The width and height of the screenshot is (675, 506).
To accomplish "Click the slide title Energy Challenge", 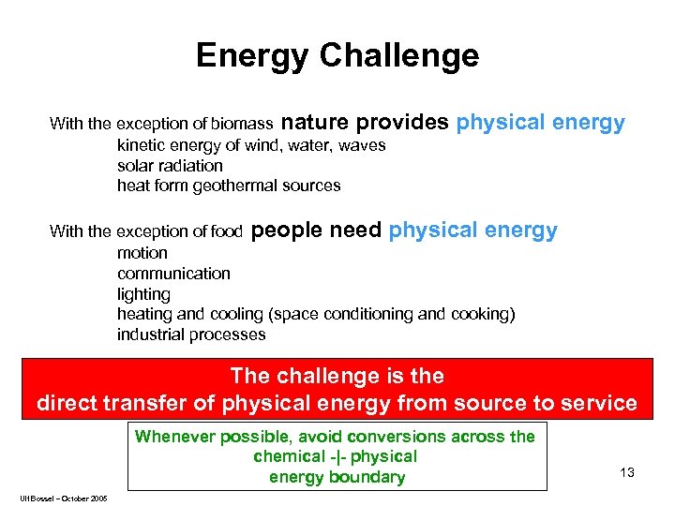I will (337, 56).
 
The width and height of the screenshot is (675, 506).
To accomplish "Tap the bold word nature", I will (315, 122).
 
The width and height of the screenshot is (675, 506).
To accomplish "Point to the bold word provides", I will (402, 122).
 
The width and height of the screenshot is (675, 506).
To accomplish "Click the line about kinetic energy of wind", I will (251, 145).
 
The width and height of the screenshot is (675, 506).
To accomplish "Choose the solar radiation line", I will (170, 165).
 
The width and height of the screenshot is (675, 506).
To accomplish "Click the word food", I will (226, 231).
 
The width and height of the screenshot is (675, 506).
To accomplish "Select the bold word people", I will (288, 230).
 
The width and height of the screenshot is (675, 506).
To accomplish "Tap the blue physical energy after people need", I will (472, 230).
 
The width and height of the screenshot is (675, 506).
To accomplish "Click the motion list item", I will (142, 253).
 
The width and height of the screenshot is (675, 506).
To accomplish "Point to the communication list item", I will (173, 274).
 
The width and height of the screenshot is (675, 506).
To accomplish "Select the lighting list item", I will (143, 294).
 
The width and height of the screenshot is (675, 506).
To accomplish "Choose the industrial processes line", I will (191, 335).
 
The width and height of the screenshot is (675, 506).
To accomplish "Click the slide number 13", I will (627, 472).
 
